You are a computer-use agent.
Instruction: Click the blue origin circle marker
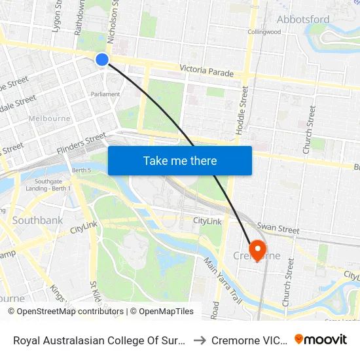pos(102,60)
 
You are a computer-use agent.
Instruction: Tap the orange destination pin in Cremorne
pos(257,249)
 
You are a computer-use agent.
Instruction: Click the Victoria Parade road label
pos(206,71)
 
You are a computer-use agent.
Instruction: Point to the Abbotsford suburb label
pos(303,19)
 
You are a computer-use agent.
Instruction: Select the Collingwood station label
pos(264,31)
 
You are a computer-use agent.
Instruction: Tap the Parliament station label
pos(105,94)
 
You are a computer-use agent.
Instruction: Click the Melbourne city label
pos(50,118)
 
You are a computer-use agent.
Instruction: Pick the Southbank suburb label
pos(38,221)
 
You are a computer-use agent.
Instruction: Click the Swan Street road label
pos(278,228)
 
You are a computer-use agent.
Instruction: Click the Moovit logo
pos(321,339)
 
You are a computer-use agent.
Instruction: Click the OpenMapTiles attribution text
pos(162,312)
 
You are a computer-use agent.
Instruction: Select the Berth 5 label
pos(82,170)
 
